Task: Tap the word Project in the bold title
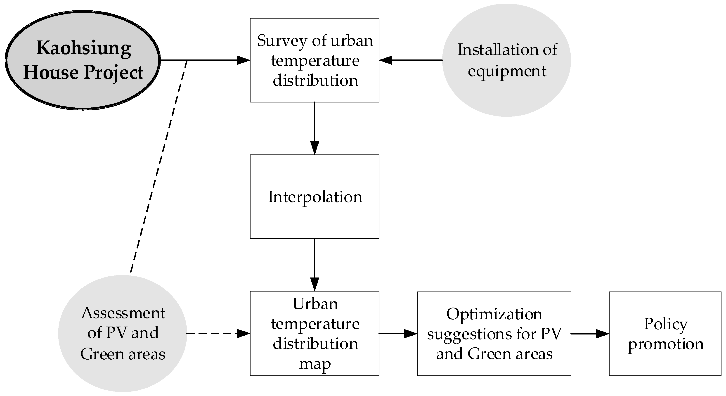(x=113, y=73)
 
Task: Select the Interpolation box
(x=315, y=197)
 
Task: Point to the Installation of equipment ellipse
(x=506, y=60)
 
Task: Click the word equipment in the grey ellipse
(x=507, y=71)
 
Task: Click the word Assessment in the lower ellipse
(x=123, y=313)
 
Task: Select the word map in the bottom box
(x=315, y=364)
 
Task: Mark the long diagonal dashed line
(x=158, y=166)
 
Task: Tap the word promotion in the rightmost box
(x=665, y=344)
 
